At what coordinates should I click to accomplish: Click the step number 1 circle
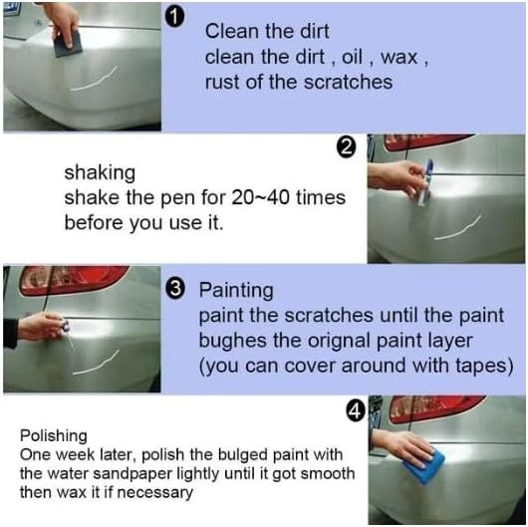[175, 20]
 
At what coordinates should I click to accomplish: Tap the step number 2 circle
[347, 148]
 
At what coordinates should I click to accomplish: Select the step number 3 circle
[175, 290]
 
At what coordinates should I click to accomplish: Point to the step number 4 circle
[354, 409]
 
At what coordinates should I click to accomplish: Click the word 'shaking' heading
[101, 172]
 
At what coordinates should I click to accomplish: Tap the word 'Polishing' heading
[54, 436]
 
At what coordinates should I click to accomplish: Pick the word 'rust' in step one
[222, 82]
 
